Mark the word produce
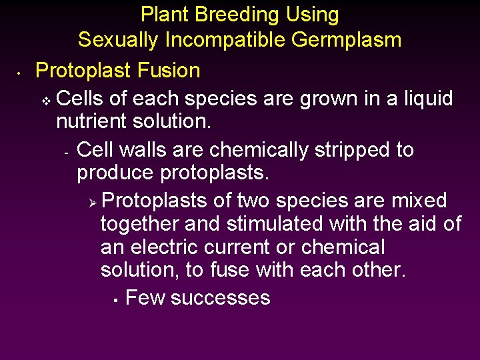[x=116, y=173]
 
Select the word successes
[x=221, y=297]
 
